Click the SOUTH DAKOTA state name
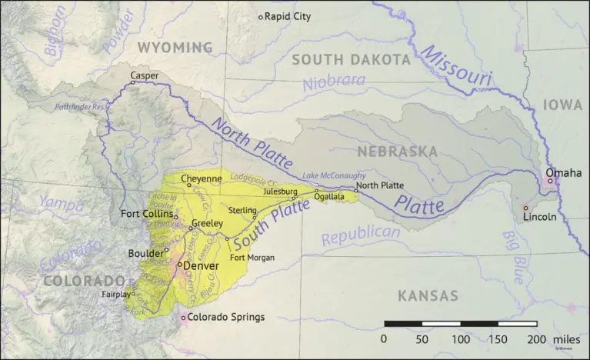pyautogui.click(x=351, y=59)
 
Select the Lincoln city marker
pyautogui.click(x=526, y=208)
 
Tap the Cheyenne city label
pyautogui.click(x=202, y=178)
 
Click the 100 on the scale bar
pyautogui.click(x=461, y=339)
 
